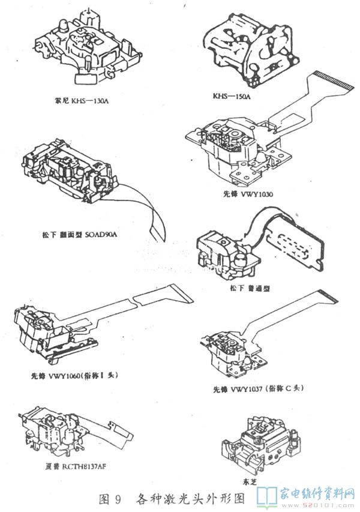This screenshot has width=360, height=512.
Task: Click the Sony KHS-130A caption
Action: pos(81,100)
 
